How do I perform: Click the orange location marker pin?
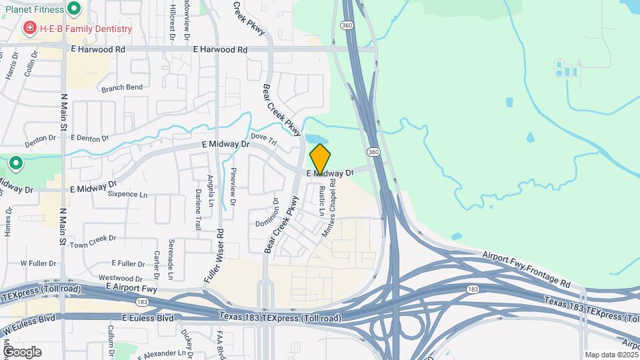coord(320,159)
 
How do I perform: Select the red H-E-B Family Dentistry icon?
coord(29,29)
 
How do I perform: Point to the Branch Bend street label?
coord(121,87)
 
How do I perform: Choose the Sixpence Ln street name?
coord(127,195)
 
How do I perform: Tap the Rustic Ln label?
coord(321,199)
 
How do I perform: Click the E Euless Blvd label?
coord(148,319)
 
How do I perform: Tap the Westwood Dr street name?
coord(121,278)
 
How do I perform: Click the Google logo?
coord(22,352)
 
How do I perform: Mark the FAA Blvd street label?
coord(219,344)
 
